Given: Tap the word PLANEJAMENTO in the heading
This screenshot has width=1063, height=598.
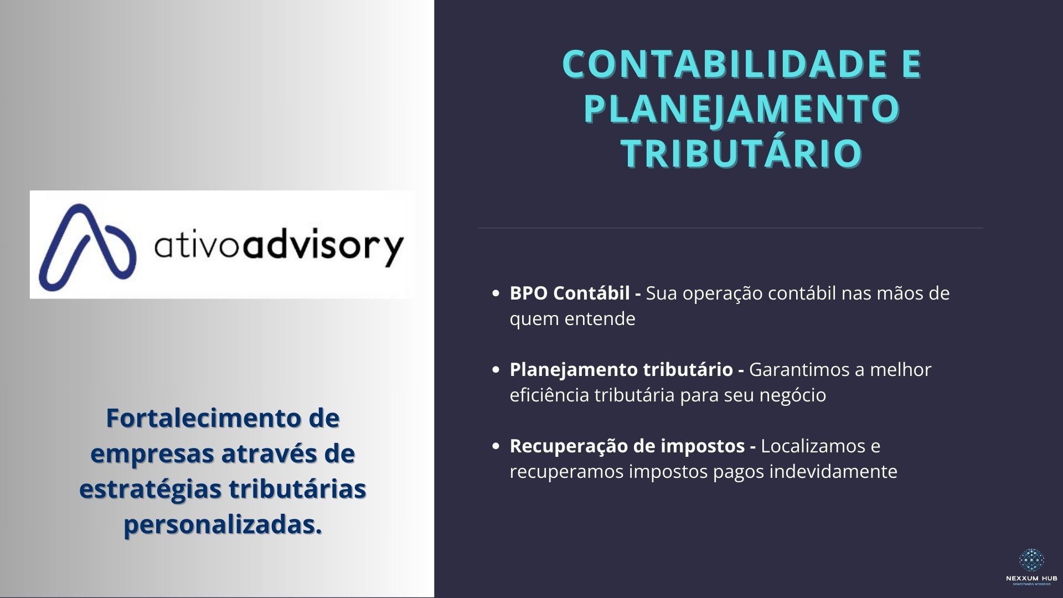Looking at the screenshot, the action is click(742, 109).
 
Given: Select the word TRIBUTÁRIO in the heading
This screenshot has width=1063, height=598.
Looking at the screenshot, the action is click(742, 153).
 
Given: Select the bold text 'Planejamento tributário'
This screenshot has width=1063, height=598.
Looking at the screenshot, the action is click(621, 370).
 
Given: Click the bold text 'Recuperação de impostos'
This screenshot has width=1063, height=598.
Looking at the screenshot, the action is click(627, 446).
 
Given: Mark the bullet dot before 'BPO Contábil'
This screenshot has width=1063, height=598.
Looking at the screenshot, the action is click(496, 293).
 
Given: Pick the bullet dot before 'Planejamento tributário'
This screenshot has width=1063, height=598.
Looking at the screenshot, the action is click(496, 370).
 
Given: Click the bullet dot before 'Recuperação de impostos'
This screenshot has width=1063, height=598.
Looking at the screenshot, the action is click(496, 446).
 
